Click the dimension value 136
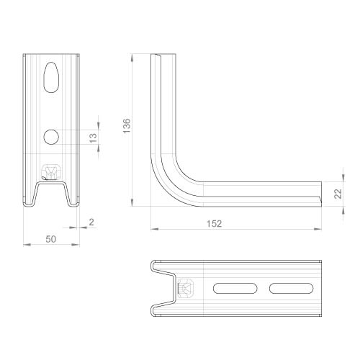[x=127, y=126]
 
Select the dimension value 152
[x=215, y=224]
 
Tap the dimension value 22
[x=338, y=194]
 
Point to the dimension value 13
[x=93, y=138]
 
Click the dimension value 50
[x=51, y=239]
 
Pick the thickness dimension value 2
[x=91, y=222]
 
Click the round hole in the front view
[x=51, y=137]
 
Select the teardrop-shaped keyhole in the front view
[x=51, y=77]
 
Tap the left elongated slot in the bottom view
[x=235, y=288]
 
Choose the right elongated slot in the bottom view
[x=291, y=288]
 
